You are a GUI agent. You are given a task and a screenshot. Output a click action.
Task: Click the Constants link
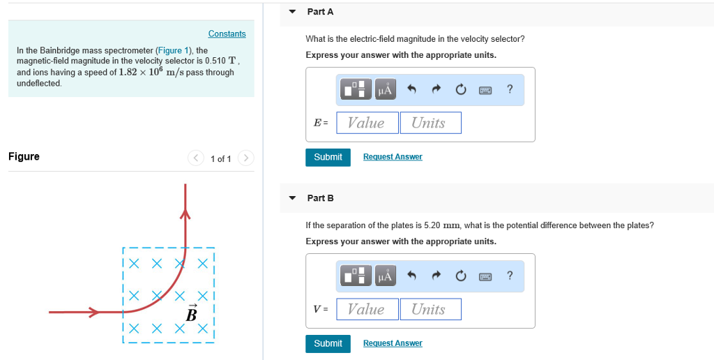click(x=227, y=34)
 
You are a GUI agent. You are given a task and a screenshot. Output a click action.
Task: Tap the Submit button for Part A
click(x=328, y=157)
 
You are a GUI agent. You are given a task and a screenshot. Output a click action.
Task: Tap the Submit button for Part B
click(x=328, y=343)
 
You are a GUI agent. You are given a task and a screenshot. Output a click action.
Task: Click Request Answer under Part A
click(x=393, y=157)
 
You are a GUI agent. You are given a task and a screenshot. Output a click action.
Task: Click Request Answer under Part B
click(x=393, y=343)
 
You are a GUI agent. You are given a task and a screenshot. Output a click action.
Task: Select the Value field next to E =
click(x=367, y=123)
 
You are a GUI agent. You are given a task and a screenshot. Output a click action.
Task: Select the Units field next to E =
click(x=430, y=123)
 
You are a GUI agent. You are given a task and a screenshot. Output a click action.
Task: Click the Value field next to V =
click(x=367, y=309)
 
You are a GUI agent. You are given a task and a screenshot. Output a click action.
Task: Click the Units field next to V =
click(x=430, y=309)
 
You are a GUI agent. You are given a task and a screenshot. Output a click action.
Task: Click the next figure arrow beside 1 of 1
click(x=245, y=158)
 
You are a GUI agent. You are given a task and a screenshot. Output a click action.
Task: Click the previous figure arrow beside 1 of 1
click(x=195, y=158)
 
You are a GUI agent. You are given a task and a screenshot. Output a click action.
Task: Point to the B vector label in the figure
click(x=192, y=313)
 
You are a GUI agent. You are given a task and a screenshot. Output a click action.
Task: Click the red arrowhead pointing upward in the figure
click(x=185, y=213)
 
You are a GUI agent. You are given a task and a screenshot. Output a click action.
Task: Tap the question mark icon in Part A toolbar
click(x=510, y=89)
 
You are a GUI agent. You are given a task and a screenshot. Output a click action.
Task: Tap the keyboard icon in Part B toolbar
click(x=485, y=276)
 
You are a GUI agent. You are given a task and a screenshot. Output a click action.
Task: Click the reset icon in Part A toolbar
click(x=460, y=89)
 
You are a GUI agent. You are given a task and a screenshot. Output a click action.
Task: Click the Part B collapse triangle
click(x=293, y=198)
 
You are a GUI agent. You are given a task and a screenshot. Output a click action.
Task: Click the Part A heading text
click(x=320, y=12)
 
